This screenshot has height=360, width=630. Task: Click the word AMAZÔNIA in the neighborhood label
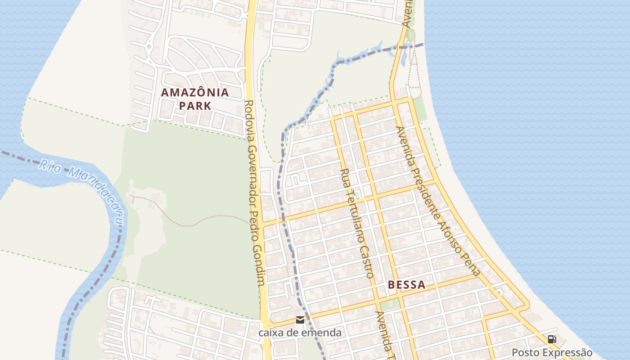195,93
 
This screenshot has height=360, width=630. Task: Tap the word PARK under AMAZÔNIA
195,106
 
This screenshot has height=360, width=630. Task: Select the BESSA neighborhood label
406,285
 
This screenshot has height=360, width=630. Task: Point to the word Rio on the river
49,166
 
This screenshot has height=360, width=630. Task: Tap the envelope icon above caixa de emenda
300,320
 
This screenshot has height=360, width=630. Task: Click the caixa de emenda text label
300,333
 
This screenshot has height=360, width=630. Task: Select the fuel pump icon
552,339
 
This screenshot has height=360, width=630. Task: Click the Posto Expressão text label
552,352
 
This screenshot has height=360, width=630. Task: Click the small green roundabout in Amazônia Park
148,46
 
